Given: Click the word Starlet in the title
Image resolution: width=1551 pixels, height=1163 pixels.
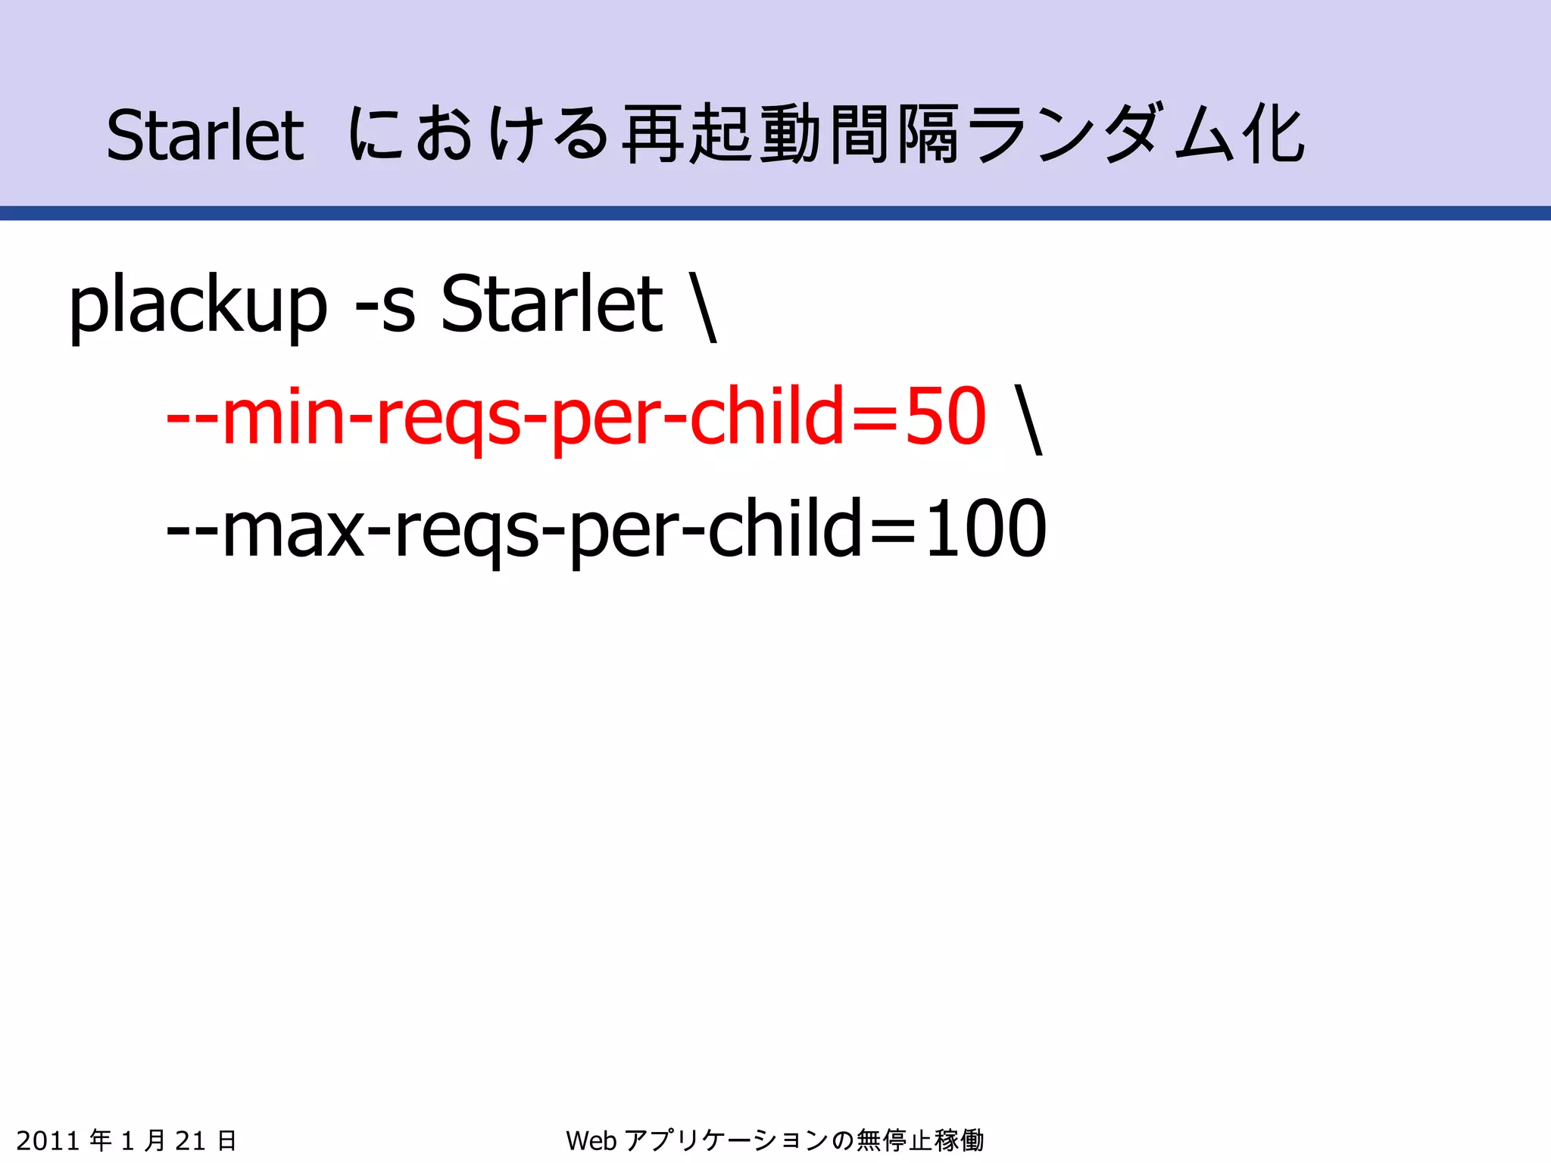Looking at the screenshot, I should [204, 136].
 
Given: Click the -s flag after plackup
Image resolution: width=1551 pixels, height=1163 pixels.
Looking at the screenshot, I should [385, 307].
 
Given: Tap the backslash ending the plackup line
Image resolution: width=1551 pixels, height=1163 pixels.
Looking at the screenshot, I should [704, 307].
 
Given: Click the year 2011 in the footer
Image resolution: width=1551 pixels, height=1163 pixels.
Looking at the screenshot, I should [48, 1140].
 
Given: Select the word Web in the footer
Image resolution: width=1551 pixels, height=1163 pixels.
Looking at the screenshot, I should [591, 1140].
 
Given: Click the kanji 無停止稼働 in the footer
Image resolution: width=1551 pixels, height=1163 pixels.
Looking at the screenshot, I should [919, 1140].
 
